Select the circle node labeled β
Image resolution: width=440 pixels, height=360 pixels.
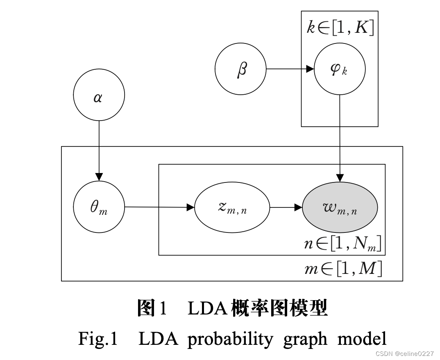tap(240, 69)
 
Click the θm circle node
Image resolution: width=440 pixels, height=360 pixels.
tap(99, 207)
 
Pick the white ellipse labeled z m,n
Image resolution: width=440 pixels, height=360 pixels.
tap(232, 207)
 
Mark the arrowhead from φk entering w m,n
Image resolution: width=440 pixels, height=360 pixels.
tap(340, 178)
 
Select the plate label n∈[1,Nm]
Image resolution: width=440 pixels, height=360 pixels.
tap(342, 244)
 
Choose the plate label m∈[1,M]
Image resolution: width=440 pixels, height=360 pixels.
tap(343, 269)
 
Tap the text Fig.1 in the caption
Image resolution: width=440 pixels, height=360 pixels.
tap(98, 339)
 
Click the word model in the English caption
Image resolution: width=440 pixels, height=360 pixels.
tap(362, 339)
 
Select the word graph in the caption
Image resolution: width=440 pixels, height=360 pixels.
tap(305, 339)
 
